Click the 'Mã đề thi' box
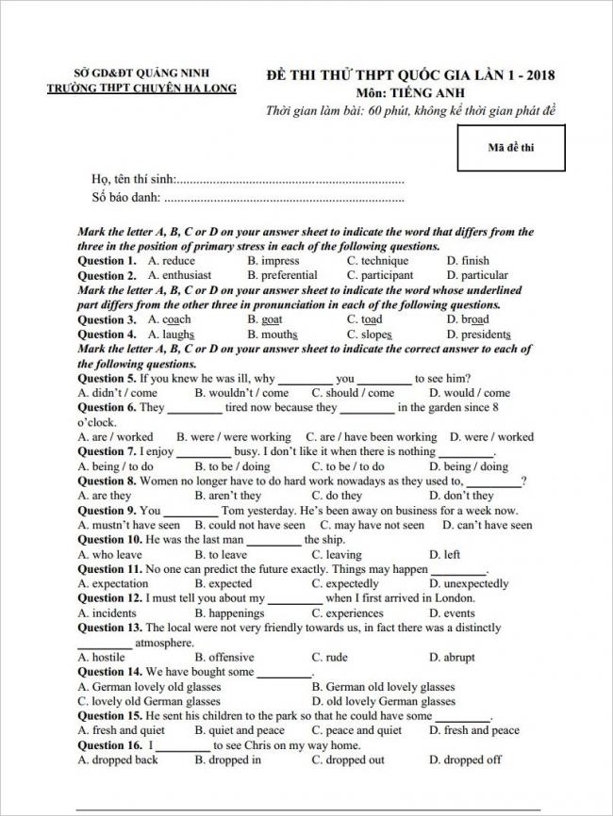point(511,146)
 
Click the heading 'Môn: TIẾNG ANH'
point(412,93)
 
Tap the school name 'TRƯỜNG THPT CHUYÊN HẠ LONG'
point(142,90)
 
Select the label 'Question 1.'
point(107,261)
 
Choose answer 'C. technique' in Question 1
point(377,261)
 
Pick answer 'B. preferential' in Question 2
point(282,276)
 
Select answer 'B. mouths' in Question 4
point(273,335)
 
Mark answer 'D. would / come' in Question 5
point(469,393)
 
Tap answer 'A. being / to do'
point(116,466)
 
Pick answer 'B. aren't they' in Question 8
point(228,496)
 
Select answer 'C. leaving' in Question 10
point(337,555)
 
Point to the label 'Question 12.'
point(109,598)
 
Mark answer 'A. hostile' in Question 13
point(102,658)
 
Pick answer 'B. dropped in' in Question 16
point(228,760)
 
